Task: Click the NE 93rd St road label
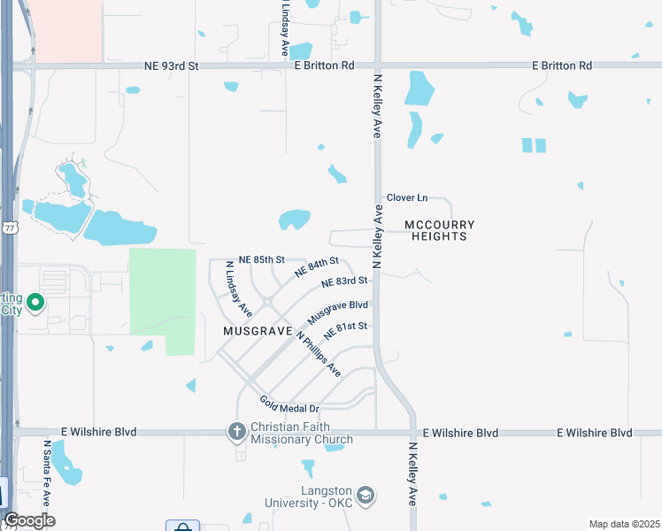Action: pyautogui.click(x=172, y=65)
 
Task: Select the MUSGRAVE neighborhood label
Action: pyautogui.click(x=258, y=330)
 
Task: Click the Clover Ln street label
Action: pyautogui.click(x=407, y=197)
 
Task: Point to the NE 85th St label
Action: pyautogui.click(x=256, y=259)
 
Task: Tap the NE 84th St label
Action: pyautogui.click(x=317, y=265)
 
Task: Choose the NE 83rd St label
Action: pyautogui.click(x=344, y=281)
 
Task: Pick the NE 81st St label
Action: pyautogui.click(x=345, y=331)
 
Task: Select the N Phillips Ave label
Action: pyautogui.click(x=319, y=354)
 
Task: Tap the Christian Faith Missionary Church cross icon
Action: pyautogui.click(x=236, y=432)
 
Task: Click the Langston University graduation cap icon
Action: pyautogui.click(x=366, y=494)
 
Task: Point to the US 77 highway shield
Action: pyautogui.click(x=9, y=227)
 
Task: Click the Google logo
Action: pyautogui.click(x=29, y=520)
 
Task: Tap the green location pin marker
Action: pyautogui.click(x=36, y=304)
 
